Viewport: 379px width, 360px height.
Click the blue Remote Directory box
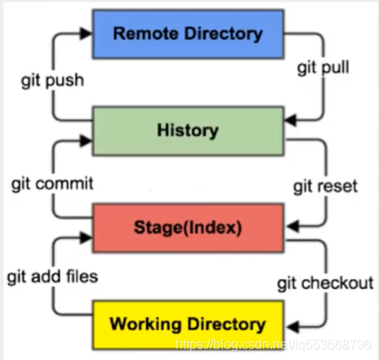(188, 34)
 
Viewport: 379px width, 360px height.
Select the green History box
(188, 131)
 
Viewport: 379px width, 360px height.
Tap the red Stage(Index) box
(188, 228)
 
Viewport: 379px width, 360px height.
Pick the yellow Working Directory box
(188, 325)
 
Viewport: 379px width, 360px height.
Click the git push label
(52, 81)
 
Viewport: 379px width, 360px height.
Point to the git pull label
(323, 68)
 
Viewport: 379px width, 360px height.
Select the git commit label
(52, 184)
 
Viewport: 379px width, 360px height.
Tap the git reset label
(325, 187)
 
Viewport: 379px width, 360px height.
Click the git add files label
(52, 277)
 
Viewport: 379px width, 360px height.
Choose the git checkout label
(325, 283)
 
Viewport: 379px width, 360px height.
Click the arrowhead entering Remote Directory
(87, 33)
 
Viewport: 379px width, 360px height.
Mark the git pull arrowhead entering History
(290, 120)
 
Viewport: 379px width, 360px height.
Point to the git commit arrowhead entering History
(87, 140)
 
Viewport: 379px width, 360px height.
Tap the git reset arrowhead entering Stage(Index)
(292, 226)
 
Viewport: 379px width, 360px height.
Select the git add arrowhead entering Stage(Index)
(87, 238)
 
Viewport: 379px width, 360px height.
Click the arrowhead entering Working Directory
(292, 327)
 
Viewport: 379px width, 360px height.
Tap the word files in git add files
(82, 276)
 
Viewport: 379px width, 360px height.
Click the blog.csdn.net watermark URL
(274, 344)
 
